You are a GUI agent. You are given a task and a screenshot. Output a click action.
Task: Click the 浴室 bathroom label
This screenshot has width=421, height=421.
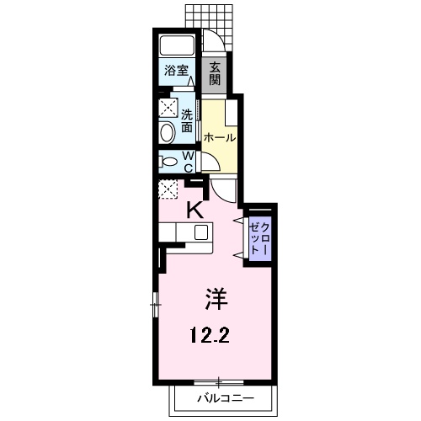[175, 72]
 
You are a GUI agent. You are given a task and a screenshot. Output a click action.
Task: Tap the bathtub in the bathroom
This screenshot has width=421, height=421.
[177, 46]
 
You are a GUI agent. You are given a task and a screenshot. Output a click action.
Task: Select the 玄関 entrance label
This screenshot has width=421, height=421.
[216, 73]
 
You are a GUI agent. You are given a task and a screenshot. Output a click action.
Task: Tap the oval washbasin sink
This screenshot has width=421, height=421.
[167, 132]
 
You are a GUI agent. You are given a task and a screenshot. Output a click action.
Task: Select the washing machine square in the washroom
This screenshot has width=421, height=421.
[168, 107]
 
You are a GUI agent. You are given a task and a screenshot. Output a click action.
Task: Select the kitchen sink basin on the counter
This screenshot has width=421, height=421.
[201, 233]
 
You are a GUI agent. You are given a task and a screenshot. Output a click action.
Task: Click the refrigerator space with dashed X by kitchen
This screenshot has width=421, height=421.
[168, 189]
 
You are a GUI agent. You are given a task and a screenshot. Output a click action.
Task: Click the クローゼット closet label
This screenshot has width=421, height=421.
[259, 239]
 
